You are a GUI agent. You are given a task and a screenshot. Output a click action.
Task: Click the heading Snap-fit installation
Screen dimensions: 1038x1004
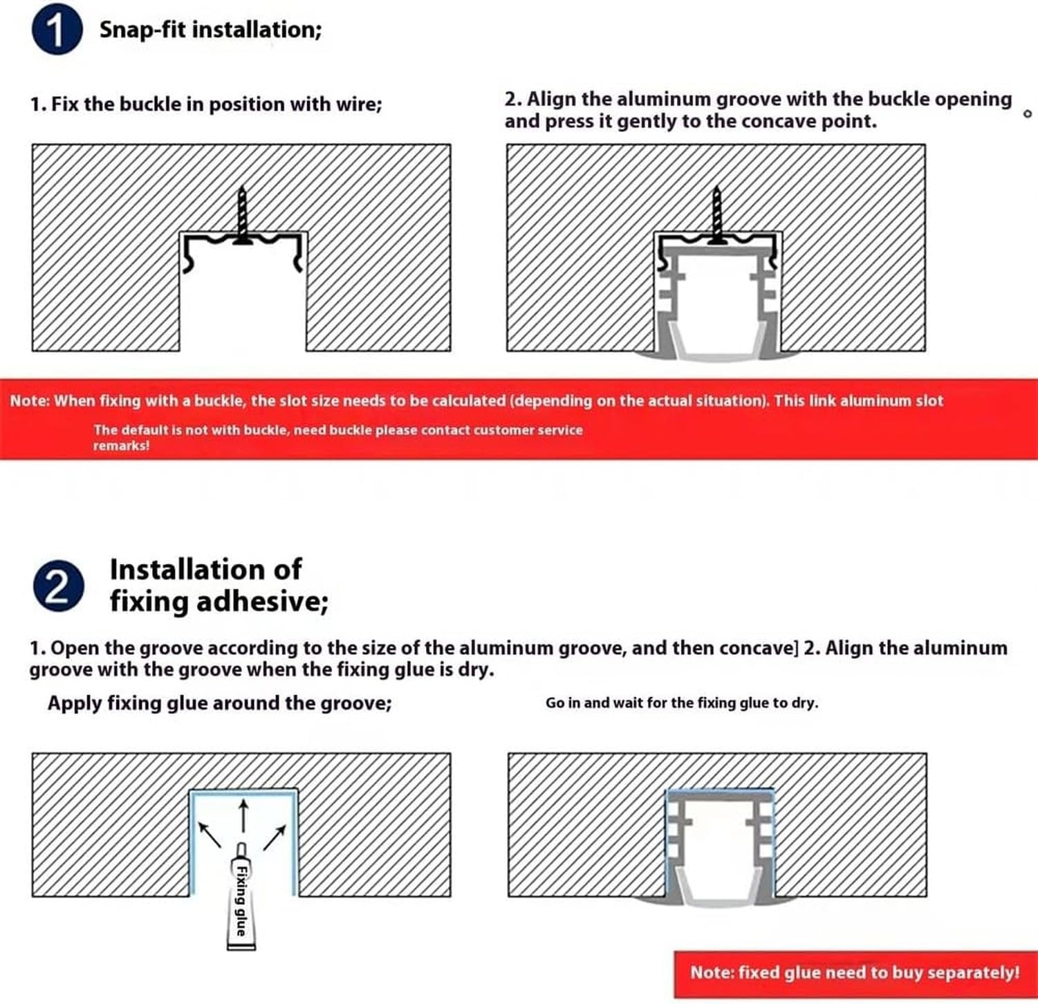210,30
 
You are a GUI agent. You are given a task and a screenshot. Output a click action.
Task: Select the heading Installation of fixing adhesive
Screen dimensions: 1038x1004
219,585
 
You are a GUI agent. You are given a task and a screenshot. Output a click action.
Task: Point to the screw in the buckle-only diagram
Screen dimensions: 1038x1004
242,215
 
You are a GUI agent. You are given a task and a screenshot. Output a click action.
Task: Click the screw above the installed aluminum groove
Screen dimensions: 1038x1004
717,215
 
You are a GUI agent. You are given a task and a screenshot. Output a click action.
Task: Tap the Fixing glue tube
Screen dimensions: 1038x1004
241,896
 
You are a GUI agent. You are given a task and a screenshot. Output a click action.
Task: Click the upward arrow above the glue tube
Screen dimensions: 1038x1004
243,817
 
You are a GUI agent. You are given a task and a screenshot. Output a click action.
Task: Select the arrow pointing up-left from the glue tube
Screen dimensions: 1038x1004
210,834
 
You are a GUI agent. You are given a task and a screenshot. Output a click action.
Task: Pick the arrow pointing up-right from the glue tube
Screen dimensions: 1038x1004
275,837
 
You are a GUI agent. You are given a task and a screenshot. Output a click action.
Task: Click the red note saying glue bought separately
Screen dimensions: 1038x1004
855,972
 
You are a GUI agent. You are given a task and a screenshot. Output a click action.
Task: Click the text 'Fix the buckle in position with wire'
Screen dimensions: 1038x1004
206,104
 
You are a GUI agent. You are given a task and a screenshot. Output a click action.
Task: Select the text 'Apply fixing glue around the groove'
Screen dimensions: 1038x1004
219,703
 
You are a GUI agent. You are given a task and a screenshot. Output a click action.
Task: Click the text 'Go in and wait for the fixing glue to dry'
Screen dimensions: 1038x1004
681,703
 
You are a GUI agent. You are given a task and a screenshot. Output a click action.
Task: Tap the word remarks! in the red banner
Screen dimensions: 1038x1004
121,445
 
